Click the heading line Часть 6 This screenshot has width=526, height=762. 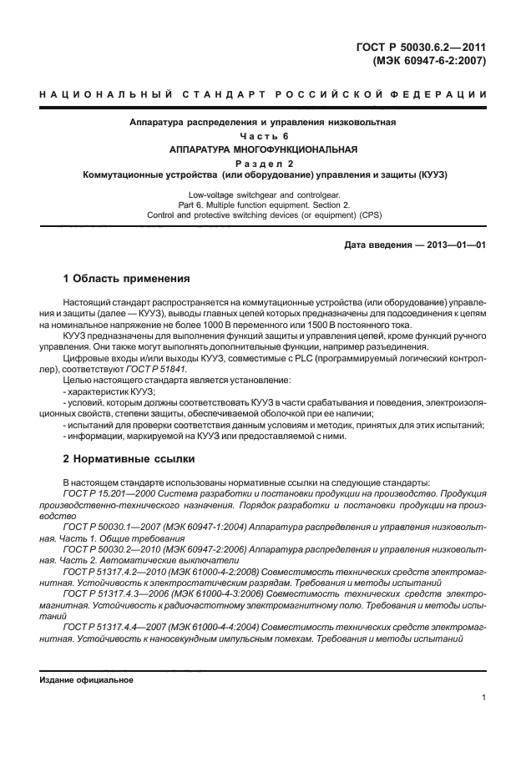[x=262, y=136]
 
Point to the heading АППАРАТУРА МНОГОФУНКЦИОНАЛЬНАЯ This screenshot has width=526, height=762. [x=262, y=149]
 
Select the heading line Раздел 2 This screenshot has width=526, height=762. [x=262, y=164]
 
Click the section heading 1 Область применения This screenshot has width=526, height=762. [x=126, y=277]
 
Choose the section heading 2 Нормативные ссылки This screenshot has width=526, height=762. [x=129, y=458]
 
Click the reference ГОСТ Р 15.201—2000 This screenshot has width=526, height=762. [x=105, y=493]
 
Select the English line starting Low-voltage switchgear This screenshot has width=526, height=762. [x=262, y=193]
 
